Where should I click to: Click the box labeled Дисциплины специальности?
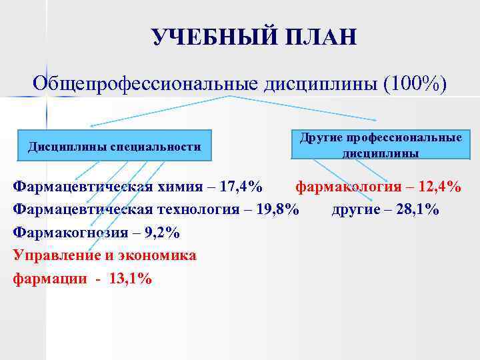[114, 146]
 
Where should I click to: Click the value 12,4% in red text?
[436, 187]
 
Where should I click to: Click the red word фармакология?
[349, 187]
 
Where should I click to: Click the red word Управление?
[56, 256]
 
